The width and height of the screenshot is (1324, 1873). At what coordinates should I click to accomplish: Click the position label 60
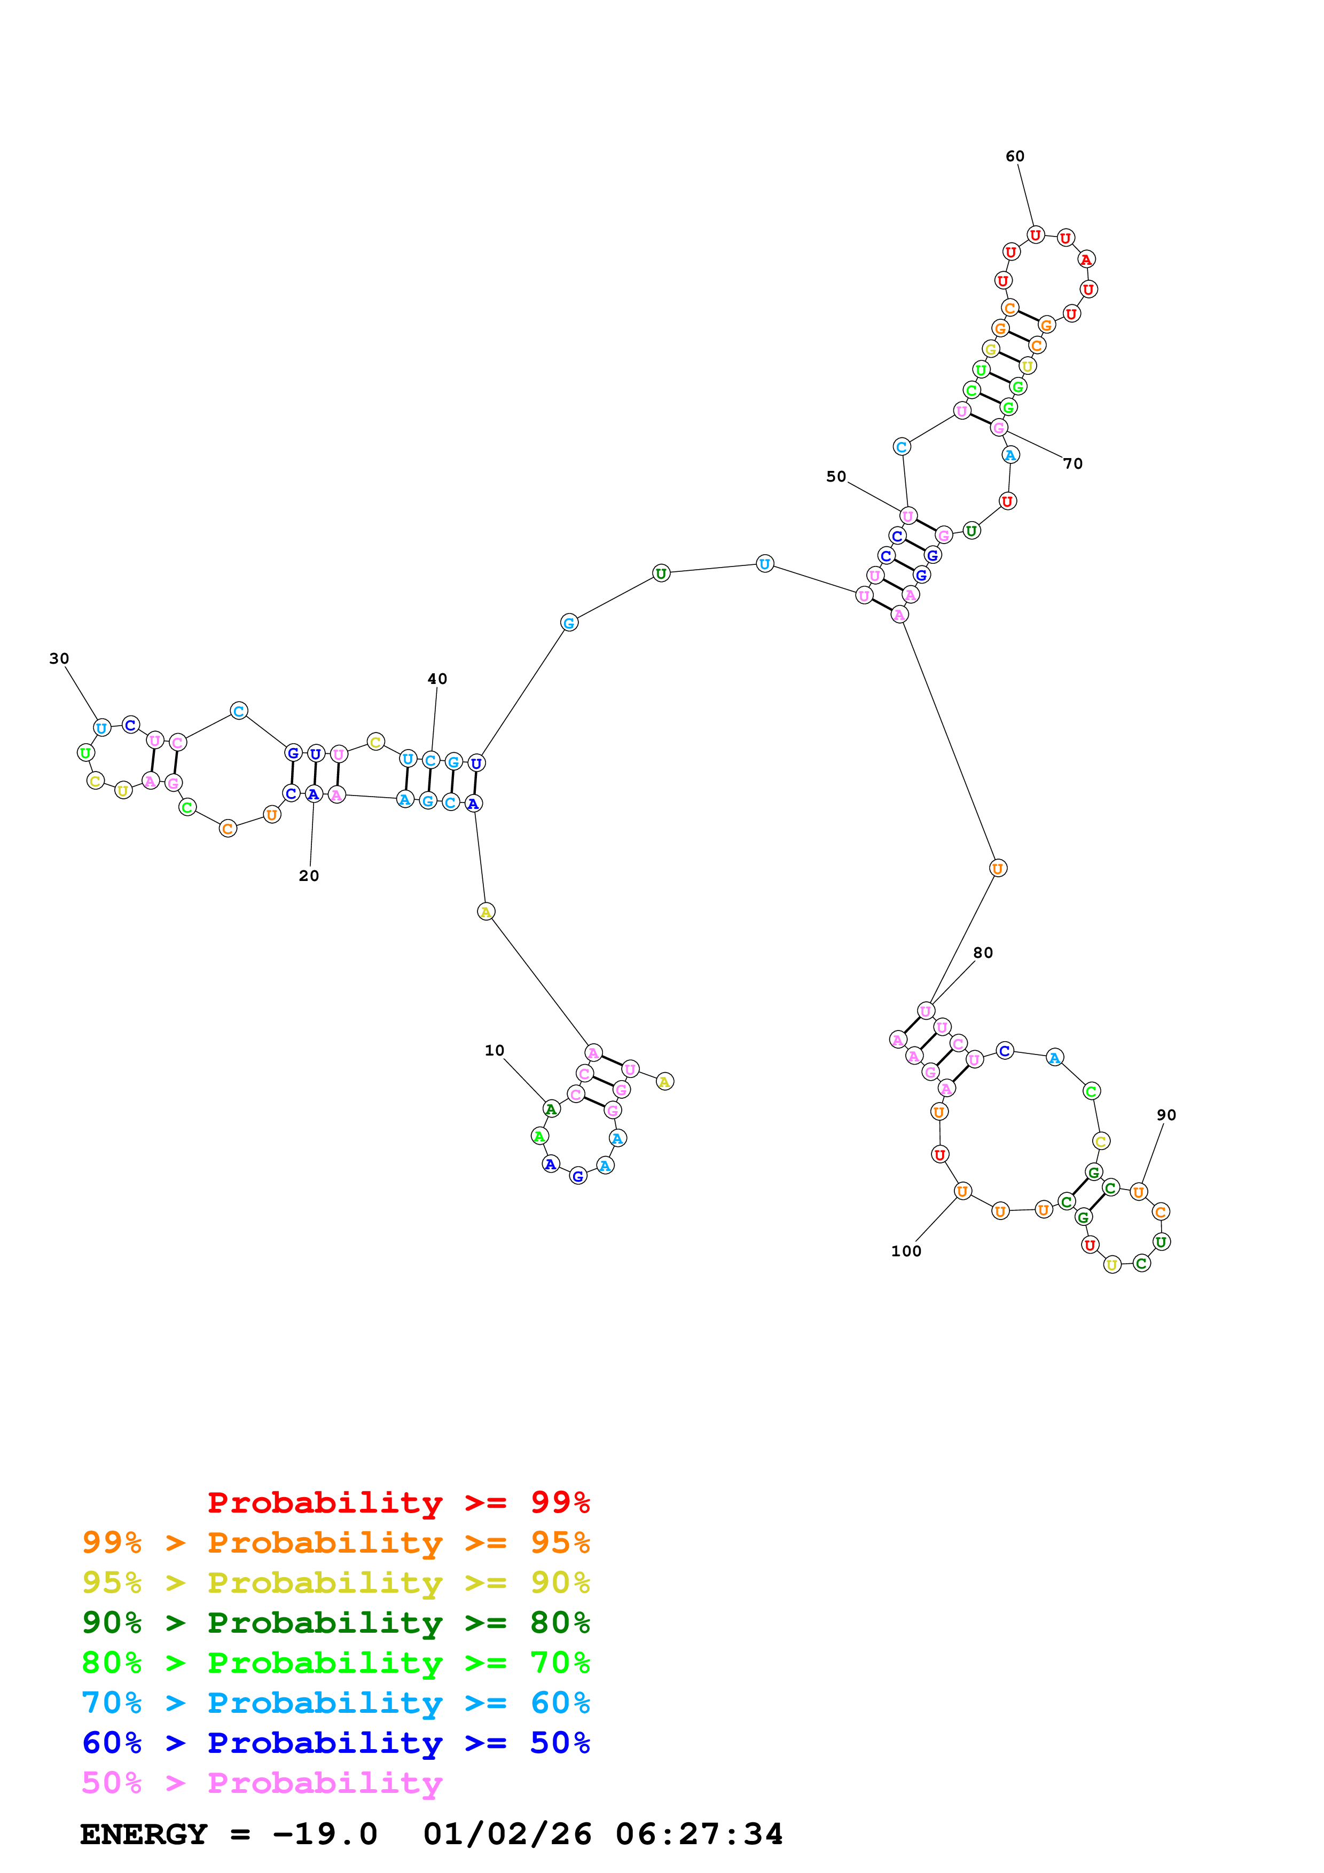pyautogui.click(x=1014, y=156)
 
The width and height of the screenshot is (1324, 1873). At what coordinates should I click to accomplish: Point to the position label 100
pyautogui.click(x=905, y=1250)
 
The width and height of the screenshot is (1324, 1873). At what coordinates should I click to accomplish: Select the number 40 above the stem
pyautogui.click(x=437, y=679)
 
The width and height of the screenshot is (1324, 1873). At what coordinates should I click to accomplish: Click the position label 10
pyautogui.click(x=495, y=1050)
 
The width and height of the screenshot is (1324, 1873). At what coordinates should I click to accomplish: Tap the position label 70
pyautogui.click(x=1073, y=463)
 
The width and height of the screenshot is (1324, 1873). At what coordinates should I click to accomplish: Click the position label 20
pyautogui.click(x=308, y=875)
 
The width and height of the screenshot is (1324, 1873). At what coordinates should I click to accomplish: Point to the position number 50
pyautogui.click(x=836, y=476)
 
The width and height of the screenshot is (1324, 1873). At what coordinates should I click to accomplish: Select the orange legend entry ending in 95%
pyautogui.click(x=336, y=1542)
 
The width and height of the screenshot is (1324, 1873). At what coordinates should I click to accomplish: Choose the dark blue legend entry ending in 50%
pyautogui.click(x=336, y=1743)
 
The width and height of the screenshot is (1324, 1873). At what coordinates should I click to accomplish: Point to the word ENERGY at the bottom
pyautogui.click(x=144, y=1834)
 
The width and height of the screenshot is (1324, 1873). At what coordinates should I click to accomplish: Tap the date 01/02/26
pyautogui.click(x=507, y=1834)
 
